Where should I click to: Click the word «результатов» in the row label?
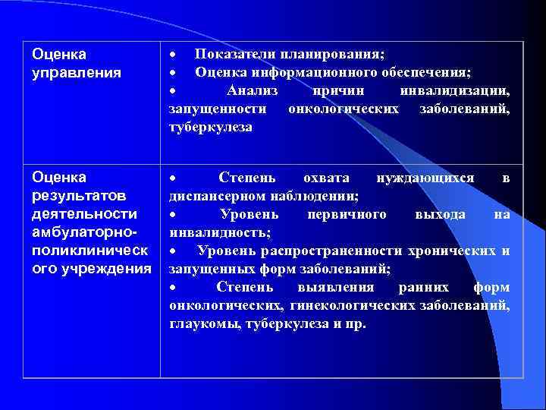click(74, 196)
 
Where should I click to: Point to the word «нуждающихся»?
click(425, 178)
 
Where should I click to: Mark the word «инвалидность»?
click(219, 232)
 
